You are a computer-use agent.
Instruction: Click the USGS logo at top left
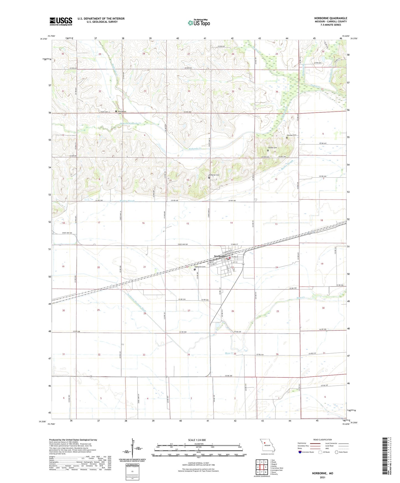tap(61, 21)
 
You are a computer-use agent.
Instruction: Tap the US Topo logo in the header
tap(199, 23)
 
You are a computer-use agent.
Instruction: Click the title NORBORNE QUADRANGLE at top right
tap(331, 18)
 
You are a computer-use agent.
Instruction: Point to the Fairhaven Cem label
tap(200, 267)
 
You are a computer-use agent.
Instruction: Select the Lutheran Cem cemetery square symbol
tap(209, 178)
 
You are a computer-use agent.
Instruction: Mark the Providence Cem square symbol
tap(116, 111)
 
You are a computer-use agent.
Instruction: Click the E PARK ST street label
tap(234, 244)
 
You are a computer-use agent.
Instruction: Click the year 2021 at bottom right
tap(322, 477)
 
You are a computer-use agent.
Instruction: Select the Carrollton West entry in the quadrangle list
tap(277, 468)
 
